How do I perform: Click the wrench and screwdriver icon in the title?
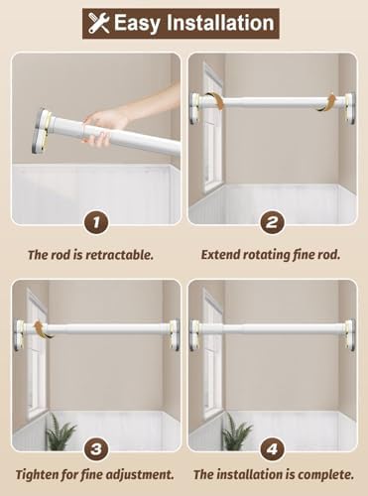click(99, 22)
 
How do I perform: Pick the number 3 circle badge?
click(95, 446)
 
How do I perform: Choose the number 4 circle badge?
click(271, 446)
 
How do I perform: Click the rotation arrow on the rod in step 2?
click(322, 101)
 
